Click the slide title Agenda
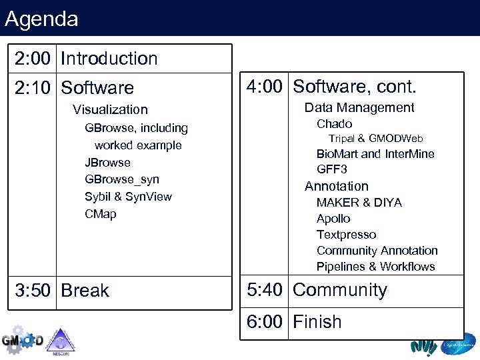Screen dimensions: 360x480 coord(41,19)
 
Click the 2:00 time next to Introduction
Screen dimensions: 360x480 coord(33,59)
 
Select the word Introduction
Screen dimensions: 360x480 coord(109,59)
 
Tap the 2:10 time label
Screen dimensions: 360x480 coord(33,88)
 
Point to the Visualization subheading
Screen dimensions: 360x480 coord(110,109)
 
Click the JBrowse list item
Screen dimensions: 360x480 coord(107,163)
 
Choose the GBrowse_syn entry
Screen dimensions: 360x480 coord(122,179)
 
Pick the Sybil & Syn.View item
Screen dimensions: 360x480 coord(128,197)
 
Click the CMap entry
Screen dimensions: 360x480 coord(100,214)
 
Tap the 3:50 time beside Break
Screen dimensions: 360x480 coord(33,291)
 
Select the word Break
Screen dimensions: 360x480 coord(85,291)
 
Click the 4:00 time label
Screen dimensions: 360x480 coord(265,87)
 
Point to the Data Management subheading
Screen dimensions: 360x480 coord(359,108)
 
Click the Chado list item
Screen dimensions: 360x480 coord(334,124)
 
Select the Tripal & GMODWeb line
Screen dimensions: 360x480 coord(376,139)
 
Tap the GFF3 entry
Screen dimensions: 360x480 coord(331,169)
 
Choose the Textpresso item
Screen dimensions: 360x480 coord(346,235)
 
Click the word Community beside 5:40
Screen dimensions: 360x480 coord(339,290)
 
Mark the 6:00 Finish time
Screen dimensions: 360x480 coord(265,322)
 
